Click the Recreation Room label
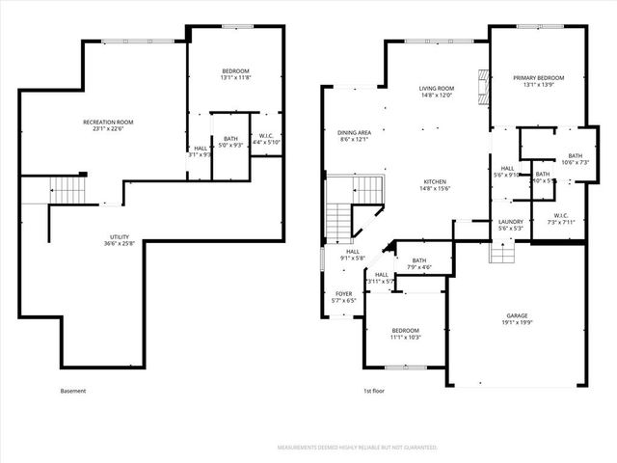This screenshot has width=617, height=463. click(108, 125)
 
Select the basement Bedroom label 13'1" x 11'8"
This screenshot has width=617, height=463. click(235, 74)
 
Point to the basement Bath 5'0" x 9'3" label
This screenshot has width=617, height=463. click(230, 142)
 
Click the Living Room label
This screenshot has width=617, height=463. click(436, 93)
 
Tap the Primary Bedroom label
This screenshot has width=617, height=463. click(538, 81)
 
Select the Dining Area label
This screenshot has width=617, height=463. click(355, 136)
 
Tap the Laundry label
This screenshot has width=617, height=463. click(511, 226)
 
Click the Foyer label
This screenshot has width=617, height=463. click(344, 297)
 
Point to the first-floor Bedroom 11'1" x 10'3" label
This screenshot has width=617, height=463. click(406, 334)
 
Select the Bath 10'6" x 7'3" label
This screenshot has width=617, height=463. click(575, 159)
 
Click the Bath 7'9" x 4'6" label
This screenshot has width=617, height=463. click(419, 263)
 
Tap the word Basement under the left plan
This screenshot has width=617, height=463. click(73, 391)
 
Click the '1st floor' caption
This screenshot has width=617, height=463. click(374, 391)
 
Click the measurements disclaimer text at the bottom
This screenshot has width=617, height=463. click(357, 449)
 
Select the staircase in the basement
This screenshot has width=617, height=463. click(64, 190)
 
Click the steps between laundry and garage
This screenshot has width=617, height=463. click(501, 252)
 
